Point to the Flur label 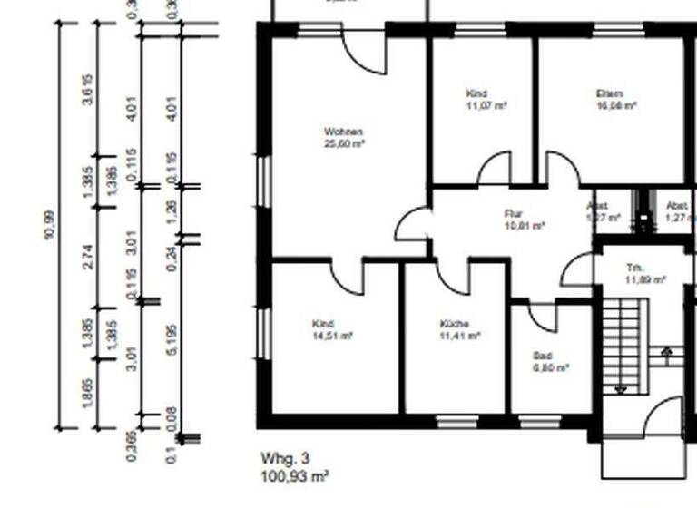515,214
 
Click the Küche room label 454,324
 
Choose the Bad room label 542,356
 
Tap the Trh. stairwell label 634,269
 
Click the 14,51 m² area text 331,335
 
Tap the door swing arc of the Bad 542,317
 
